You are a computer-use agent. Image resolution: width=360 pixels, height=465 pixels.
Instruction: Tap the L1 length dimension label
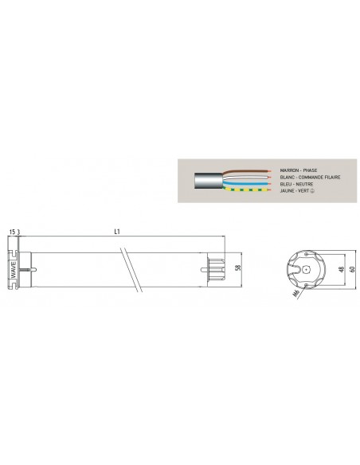(117, 232)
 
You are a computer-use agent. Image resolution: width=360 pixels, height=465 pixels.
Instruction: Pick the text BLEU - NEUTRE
(294, 183)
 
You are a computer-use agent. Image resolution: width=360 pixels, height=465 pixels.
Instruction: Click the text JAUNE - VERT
(295, 190)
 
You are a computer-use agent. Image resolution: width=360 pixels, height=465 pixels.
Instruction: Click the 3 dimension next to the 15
(20, 232)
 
